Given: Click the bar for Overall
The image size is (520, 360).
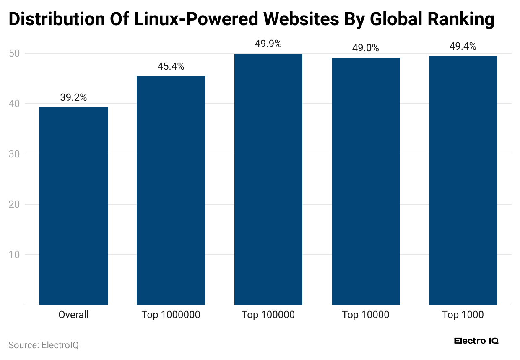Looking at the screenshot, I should (x=73, y=206).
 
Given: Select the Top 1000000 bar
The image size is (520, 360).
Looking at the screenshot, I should (x=171, y=190).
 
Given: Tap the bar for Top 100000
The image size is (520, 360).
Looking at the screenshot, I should (x=268, y=179).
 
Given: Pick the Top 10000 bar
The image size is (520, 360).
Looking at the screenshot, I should (x=366, y=181).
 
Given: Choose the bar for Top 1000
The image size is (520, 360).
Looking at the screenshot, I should (x=463, y=180).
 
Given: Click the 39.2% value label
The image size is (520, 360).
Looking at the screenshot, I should (x=73, y=98).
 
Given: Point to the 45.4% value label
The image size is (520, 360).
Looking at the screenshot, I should (x=171, y=67).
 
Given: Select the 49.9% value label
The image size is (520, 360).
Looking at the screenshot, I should (x=268, y=44).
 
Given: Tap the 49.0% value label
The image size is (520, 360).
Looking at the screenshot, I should (x=366, y=48).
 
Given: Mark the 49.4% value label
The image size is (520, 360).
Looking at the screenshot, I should (x=463, y=47).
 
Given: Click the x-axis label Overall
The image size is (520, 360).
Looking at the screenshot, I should (x=73, y=315).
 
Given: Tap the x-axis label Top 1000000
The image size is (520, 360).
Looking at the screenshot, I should (x=171, y=315).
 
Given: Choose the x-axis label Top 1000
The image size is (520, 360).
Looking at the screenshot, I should (x=463, y=315).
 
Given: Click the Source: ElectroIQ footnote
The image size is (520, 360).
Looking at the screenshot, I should (x=44, y=345).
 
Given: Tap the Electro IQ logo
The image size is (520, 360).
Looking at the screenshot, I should (x=476, y=341).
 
